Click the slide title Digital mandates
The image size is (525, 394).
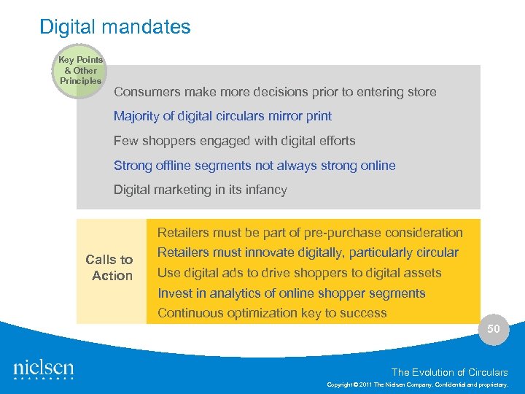point(114,27)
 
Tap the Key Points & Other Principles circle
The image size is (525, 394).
point(80,71)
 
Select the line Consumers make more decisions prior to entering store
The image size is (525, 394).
point(275,92)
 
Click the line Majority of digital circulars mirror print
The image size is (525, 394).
point(222,116)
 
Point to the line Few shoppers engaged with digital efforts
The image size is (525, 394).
point(234,141)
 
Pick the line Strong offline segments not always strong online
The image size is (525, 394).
point(254,166)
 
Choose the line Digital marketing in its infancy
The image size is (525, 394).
point(200,190)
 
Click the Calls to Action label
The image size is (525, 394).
point(109,268)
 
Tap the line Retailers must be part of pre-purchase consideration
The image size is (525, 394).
point(310,233)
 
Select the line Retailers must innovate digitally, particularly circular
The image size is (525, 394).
point(308,252)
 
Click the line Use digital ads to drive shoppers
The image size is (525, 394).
point(299,273)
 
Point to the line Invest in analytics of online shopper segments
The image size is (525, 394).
point(291,293)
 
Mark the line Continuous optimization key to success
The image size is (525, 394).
point(272,313)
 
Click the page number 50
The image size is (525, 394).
point(494,329)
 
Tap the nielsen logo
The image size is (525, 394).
point(44,369)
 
